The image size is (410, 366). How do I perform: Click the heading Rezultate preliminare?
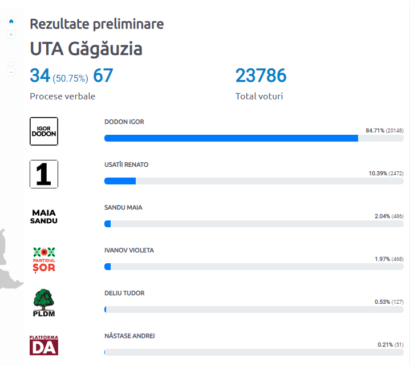(96, 24)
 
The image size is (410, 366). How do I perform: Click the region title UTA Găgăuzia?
(86, 49)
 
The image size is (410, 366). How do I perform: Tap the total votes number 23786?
(261, 75)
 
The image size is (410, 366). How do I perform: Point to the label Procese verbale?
(62, 96)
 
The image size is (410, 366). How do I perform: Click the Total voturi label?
(259, 96)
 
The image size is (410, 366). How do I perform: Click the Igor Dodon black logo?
(44, 131)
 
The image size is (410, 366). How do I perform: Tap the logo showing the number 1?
(44, 174)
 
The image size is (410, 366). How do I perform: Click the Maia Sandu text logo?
(44, 216)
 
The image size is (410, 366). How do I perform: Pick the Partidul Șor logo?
(44, 260)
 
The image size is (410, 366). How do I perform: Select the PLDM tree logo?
(44, 303)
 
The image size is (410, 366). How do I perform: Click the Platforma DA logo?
(44, 345)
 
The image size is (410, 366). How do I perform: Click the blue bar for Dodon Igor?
(231, 138)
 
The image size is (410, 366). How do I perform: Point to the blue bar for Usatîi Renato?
(120, 181)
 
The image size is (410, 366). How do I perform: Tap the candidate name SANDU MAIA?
(123, 207)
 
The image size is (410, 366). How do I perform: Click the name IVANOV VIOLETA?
(129, 250)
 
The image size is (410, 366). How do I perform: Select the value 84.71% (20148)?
(384, 131)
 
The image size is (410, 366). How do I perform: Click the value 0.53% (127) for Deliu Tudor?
(387, 302)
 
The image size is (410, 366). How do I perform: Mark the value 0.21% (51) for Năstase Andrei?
(390, 345)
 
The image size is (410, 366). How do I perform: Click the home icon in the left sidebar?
(11, 21)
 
